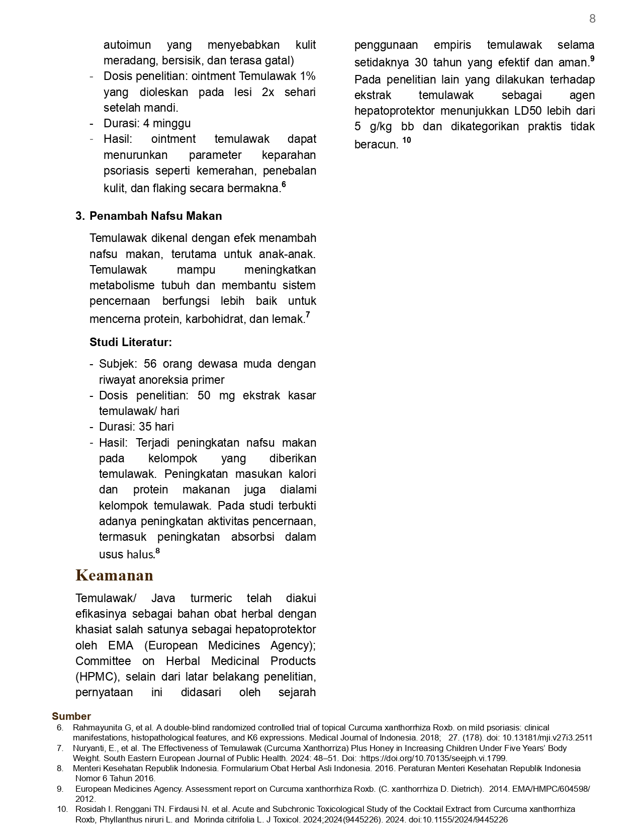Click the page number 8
tap(592, 19)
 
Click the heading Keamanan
tap(114, 575)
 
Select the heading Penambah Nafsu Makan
tap(155, 216)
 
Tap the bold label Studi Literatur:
tap(131, 342)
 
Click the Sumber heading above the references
tap(71, 716)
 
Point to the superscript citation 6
tap(284, 184)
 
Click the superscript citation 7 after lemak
tap(308, 315)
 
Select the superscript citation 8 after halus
tap(158, 551)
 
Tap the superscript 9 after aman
tap(592, 58)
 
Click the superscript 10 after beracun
tap(406, 140)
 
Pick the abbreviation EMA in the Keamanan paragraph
tap(120, 645)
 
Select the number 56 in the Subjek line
tap(151, 364)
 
